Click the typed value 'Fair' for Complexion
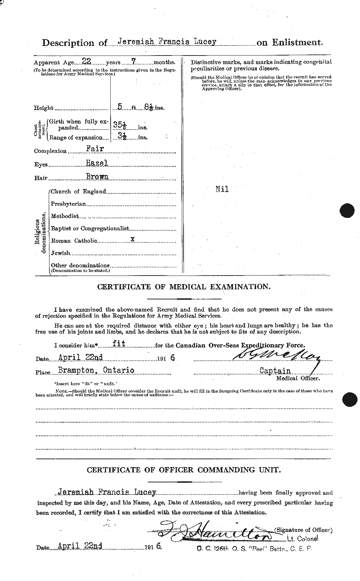point(95,149)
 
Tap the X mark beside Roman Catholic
point(133,240)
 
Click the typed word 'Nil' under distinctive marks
point(222,189)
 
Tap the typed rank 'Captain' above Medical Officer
point(275,371)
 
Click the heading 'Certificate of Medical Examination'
point(184,287)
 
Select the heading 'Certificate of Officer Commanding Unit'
point(184,470)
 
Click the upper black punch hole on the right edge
point(348,210)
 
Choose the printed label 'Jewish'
point(60,253)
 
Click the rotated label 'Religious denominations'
point(41,233)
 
